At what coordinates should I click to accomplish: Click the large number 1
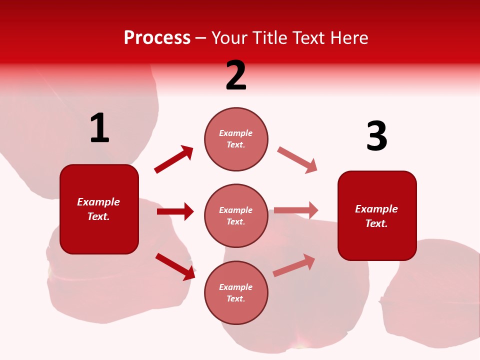(99, 128)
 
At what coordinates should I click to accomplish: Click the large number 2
(236, 75)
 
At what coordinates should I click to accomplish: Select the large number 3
(376, 136)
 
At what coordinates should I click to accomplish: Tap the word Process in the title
(157, 37)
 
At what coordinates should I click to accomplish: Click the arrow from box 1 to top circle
(174, 159)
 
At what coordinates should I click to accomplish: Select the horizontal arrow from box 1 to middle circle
(175, 211)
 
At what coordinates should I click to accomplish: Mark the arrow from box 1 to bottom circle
(175, 266)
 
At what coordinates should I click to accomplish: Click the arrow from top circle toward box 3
(297, 159)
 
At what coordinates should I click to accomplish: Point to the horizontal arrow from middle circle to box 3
(296, 210)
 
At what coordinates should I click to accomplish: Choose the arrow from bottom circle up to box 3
(294, 265)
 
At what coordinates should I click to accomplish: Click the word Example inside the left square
(98, 202)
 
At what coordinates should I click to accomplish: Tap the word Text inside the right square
(376, 223)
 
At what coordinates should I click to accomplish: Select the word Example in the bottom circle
(235, 287)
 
